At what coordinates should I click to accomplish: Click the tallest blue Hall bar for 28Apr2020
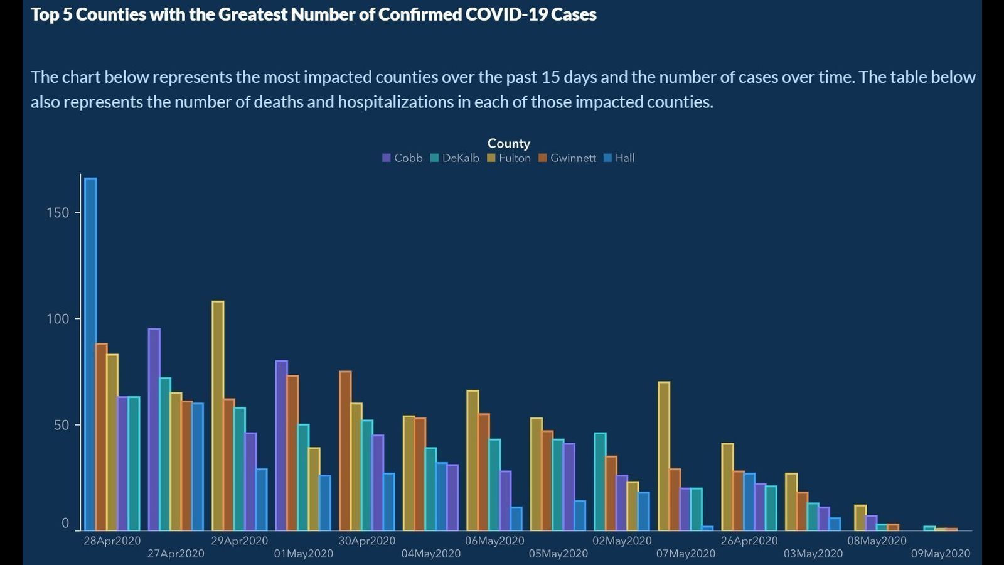coord(90,354)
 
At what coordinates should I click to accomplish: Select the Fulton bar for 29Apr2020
coord(218,416)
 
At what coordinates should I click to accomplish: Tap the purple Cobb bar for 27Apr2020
coord(154,429)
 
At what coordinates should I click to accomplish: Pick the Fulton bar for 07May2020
coord(664,456)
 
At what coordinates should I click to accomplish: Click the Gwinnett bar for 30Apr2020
coord(345,451)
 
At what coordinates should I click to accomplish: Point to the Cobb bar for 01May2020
coord(282,445)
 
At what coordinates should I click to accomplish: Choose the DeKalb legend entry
coord(455,158)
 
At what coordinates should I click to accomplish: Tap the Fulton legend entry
coord(509,158)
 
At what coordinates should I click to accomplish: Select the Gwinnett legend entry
coord(567,158)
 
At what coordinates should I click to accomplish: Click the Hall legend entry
coord(619,158)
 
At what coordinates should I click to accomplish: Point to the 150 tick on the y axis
coord(58,213)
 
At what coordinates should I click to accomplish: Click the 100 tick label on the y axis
coord(58,319)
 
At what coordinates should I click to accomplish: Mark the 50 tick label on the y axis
coord(61,425)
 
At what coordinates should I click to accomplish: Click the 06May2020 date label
coord(494,541)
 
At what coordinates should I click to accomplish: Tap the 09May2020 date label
coord(940,554)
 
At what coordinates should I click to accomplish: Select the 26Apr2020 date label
coord(749,541)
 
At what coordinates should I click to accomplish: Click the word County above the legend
coord(508,144)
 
